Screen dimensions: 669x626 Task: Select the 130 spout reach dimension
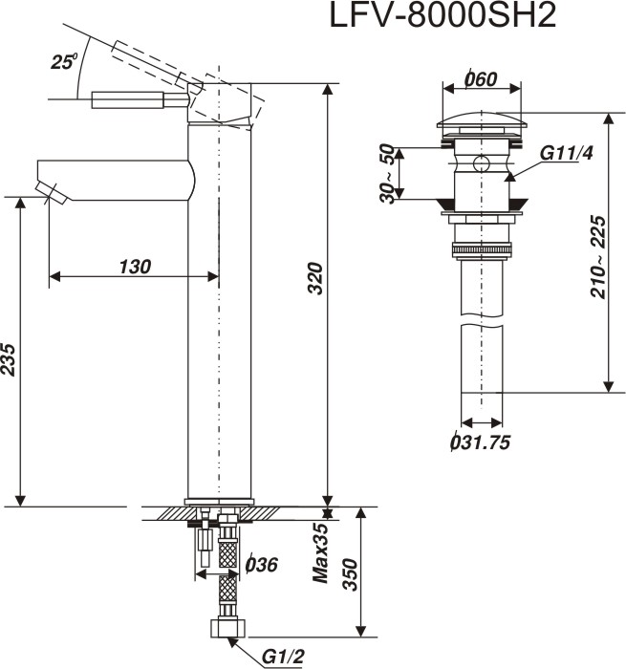[x=134, y=267]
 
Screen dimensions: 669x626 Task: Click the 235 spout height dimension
[x=10, y=359]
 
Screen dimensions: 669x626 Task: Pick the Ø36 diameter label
[x=261, y=565]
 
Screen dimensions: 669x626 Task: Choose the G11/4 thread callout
[x=561, y=155]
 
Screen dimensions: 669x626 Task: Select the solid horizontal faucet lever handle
[x=139, y=98]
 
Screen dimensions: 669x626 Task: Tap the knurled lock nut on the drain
[x=480, y=251]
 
